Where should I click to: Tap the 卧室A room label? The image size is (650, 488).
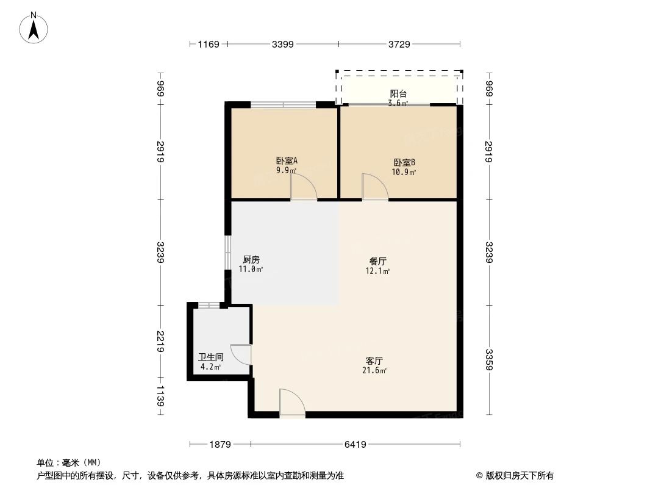point(287,161)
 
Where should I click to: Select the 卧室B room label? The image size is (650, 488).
point(404,162)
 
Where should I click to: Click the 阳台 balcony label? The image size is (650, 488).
point(398,94)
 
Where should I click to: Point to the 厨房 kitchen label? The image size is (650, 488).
point(251,259)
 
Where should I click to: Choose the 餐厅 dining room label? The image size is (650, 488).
point(378,261)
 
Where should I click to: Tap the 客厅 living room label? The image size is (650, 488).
point(374,361)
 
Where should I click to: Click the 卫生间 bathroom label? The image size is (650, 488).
point(211,357)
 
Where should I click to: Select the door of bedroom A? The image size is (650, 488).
point(304,188)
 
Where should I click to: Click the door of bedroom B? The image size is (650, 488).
point(374,187)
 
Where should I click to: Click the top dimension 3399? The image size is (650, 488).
point(283,44)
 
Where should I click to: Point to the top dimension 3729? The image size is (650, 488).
point(399,44)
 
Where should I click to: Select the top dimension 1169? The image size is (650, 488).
point(208,44)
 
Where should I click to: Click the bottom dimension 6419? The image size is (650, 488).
point(355,445)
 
